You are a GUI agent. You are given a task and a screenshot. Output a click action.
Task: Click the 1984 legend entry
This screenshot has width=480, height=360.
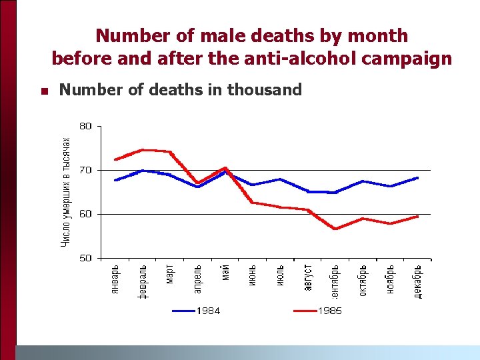pyautogui.click(x=197, y=311)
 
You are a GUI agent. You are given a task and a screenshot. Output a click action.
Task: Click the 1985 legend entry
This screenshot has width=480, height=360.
pyautogui.click(x=318, y=311)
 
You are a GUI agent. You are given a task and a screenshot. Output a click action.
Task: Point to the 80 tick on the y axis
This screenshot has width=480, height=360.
pyautogui.click(x=86, y=125)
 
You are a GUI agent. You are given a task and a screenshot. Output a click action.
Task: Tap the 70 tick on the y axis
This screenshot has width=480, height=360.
pyautogui.click(x=86, y=170)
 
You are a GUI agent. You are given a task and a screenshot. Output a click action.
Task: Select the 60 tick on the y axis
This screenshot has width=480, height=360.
pyautogui.click(x=86, y=214)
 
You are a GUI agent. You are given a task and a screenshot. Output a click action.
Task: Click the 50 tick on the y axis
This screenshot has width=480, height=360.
pyautogui.click(x=86, y=258)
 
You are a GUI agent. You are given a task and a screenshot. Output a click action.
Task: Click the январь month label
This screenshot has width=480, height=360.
pyautogui.click(x=115, y=281)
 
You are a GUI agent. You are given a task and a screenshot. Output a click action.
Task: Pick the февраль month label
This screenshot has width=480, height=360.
pyautogui.click(x=143, y=282)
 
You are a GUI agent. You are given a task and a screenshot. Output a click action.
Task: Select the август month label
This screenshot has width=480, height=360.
pyautogui.click(x=308, y=278)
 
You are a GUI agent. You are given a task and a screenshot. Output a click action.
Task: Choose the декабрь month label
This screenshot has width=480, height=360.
pyautogui.click(x=418, y=282)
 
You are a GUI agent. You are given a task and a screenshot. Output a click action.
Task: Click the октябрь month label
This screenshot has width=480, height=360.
pyautogui.click(x=363, y=281)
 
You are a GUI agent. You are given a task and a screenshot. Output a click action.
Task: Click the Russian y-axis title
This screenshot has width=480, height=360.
pyautogui.click(x=65, y=191)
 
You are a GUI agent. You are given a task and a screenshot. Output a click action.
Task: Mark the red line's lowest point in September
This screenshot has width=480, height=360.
pyautogui.click(x=335, y=229)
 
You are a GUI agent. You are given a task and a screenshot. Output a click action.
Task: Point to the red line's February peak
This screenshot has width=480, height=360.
pyautogui.click(x=143, y=150)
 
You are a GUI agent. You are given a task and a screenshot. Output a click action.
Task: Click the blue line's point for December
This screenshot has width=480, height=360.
pyautogui.click(x=418, y=178)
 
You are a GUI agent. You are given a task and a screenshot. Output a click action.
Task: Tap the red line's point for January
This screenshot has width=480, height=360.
pyautogui.click(x=115, y=159)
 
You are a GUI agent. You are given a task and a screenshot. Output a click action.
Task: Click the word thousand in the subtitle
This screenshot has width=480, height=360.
pyautogui.click(x=265, y=89)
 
